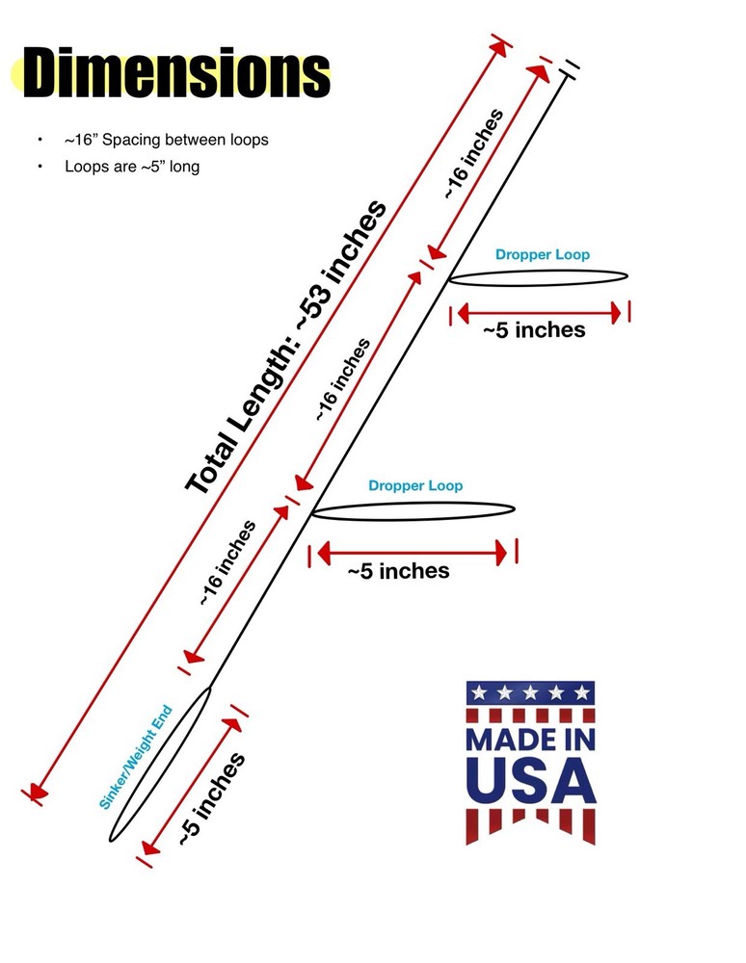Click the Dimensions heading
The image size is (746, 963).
(176, 72)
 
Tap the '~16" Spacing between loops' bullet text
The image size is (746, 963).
(167, 140)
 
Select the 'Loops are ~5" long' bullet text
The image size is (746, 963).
(132, 167)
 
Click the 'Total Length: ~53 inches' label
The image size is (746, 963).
(286, 347)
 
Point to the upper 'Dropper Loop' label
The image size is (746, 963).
(543, 254)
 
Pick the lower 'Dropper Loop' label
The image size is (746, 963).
(415, 485)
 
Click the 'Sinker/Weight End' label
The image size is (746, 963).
(136, 757)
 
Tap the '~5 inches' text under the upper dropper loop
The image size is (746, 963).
(534, 329)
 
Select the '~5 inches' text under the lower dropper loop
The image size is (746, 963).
(398, 571)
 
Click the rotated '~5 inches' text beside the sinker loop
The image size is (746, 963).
(212, 798)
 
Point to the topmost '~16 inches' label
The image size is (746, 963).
(474, 153)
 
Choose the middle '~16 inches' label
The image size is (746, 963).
(343, 379)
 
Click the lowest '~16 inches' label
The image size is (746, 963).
(227, 562)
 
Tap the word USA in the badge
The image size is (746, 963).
(531, 781)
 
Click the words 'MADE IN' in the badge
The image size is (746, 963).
(531, 740)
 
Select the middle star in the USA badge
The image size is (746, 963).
(530, 693)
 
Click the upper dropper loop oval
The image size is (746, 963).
(539, 285)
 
